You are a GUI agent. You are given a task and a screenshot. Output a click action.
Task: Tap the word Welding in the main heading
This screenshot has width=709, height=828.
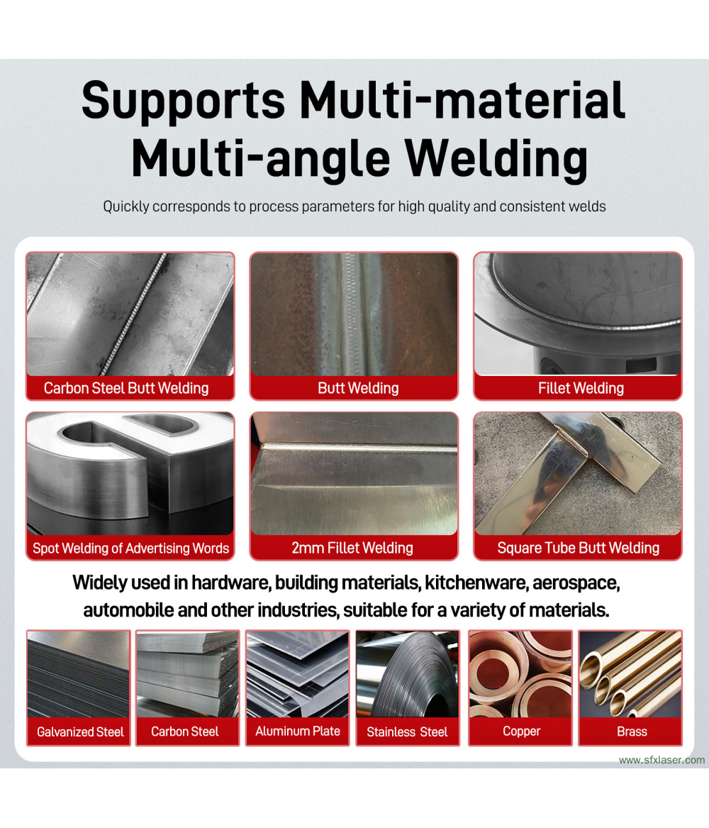click(496, 158)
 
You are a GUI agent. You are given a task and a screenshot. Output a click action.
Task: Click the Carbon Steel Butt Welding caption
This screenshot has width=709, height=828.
click(126, 388)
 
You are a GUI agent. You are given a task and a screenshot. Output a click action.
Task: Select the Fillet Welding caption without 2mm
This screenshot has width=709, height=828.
click(581, 388)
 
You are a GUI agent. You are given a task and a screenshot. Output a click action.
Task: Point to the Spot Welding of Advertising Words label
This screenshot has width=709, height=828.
click(131, 548)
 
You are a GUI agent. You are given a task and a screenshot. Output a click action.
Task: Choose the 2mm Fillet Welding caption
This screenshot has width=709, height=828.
click(352, 548)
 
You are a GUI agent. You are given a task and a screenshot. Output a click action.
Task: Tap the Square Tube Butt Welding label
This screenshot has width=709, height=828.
click(578, 548)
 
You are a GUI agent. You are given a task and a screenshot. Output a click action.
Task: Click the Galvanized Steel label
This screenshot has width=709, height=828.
click(80, 732)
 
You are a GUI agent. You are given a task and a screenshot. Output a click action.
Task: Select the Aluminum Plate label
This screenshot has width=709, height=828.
click(298, 732)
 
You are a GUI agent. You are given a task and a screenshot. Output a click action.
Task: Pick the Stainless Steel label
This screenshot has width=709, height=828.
click(407, 732)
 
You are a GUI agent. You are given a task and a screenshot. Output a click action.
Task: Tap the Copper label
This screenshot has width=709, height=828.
click(521, 732)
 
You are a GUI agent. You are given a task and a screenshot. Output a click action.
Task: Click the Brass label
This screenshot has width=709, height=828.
click(632, 732)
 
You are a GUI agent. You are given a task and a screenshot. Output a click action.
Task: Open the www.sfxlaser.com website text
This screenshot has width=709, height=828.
click(661, 760)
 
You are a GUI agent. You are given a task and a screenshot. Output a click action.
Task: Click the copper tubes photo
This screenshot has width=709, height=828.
click(520, 674)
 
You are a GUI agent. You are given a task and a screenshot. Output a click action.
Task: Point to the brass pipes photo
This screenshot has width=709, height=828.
click(630, 674)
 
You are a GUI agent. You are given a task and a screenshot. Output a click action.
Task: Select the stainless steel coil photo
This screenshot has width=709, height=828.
click(408, 674)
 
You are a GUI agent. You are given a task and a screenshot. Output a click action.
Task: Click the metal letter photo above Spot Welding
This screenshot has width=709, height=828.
click(130, 474)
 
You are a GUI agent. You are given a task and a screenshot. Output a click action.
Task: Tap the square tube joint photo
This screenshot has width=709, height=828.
click(578, 474)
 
